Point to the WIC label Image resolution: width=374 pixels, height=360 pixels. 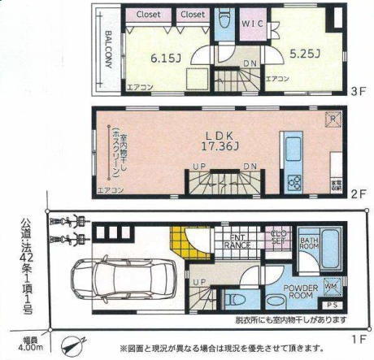click(x=252, y=25)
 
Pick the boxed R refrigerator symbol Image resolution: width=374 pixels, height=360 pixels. click(x=333, y=119)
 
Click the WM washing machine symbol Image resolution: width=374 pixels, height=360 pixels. click(x=332, y=286)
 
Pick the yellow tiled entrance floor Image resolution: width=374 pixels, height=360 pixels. click(x=183, y=240)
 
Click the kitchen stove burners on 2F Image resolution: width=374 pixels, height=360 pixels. click(x=291, y=178)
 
